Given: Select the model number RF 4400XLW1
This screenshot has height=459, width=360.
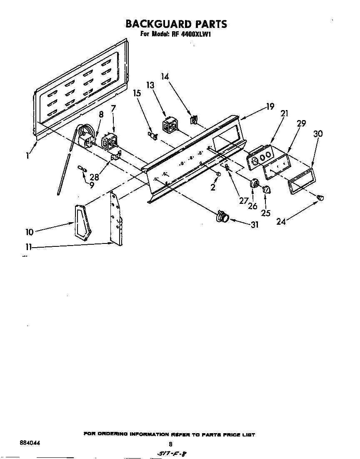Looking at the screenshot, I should tap(191, 35).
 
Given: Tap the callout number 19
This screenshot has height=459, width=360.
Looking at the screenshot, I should tap(270, 107).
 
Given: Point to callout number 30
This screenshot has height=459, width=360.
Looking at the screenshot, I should tap(318, 134).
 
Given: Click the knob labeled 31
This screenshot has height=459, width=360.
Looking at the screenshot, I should tap(223, 217).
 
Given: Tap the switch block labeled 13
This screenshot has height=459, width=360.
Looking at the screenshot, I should tap(168, 125).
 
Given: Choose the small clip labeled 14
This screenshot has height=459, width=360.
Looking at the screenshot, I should tap(193, 120).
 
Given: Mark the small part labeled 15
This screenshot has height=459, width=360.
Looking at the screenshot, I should tap(152, 135).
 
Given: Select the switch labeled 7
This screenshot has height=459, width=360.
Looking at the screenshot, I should tap(110, 140).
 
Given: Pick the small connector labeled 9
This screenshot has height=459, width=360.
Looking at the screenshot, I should tap(81, 169).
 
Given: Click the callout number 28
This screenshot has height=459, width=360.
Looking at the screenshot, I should tap(95, 177).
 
